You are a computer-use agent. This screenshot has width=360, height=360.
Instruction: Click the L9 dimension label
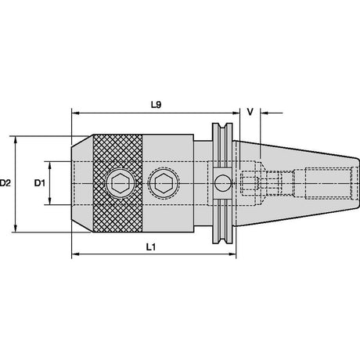pos(157,105)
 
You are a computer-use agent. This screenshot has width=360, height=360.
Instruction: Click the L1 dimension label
pos(151,247)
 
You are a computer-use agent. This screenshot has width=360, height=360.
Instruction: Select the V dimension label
pos(250,112)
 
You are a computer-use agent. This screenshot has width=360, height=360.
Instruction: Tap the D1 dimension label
pos(40,183)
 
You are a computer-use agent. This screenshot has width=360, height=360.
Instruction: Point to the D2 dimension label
pos(5,183)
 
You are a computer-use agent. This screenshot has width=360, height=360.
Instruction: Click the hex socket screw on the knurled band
pos(121,183)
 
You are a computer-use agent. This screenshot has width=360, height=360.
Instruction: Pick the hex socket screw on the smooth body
pos(164,183)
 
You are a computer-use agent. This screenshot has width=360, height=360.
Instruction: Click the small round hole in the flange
pos(222,183)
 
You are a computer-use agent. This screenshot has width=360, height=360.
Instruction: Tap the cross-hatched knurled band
pos(117,183)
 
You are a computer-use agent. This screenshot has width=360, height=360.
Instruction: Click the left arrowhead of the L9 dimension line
pos(75,113)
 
